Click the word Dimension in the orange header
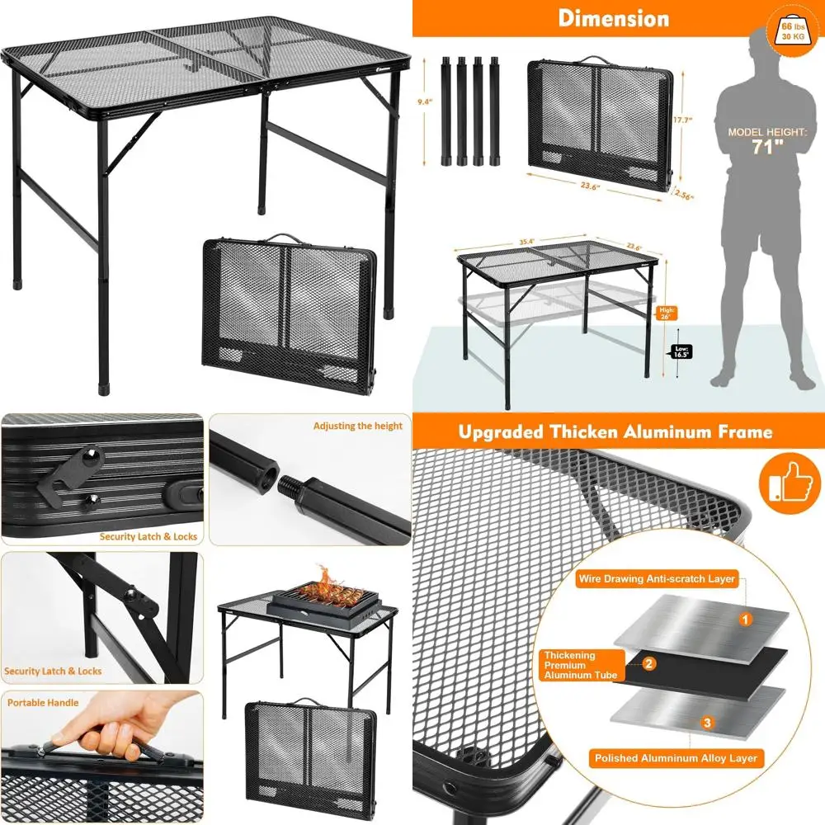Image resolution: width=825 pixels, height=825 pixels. click(x=613, y=18)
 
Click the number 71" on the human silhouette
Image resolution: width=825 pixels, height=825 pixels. click(x=766, y=148)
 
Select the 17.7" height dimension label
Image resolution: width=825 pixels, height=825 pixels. click(x=682, y=120)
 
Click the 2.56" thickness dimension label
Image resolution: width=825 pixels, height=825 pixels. click(x=684, y=196)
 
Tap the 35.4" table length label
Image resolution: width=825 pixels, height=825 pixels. click(x=527, y=241)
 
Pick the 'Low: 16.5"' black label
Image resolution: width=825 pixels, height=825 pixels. click(x=681, y=351)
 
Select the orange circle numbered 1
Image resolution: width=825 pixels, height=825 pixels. click(x=745, y=618)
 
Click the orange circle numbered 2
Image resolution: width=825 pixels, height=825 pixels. click(x=649, y=663)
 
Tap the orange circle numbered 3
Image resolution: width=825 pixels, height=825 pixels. click(x=707, y=724)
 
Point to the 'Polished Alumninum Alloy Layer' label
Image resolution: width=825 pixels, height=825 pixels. click(x=675, y=757)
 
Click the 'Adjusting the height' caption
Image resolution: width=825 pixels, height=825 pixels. click(x=357, y=427)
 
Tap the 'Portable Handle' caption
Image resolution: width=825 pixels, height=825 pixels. click(x=43, y=703)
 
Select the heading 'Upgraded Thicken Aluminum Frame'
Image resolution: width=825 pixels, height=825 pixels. click(x=615, y=431)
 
